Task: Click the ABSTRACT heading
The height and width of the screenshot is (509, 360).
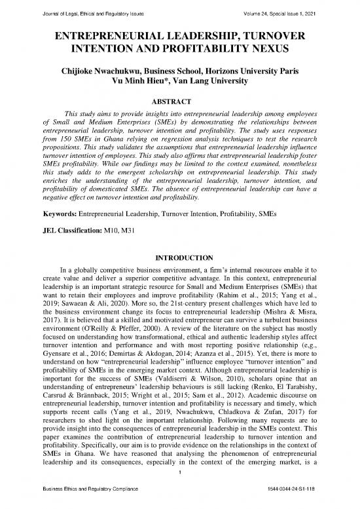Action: (179, 102)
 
